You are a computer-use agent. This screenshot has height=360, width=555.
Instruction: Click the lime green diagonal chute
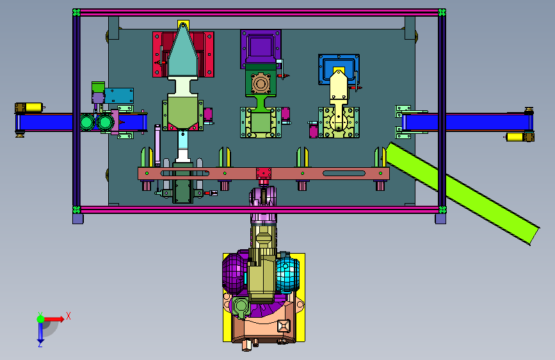point(462,193)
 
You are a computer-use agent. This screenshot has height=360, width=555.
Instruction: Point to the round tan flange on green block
point(261,84)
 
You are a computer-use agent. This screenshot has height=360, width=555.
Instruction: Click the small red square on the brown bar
point(264,174)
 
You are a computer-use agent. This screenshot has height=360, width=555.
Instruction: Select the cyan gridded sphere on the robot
point(288,275)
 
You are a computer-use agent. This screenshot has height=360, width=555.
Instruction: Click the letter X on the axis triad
point(68,316)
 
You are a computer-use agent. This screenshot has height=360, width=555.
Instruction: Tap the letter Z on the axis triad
point(40,344)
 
